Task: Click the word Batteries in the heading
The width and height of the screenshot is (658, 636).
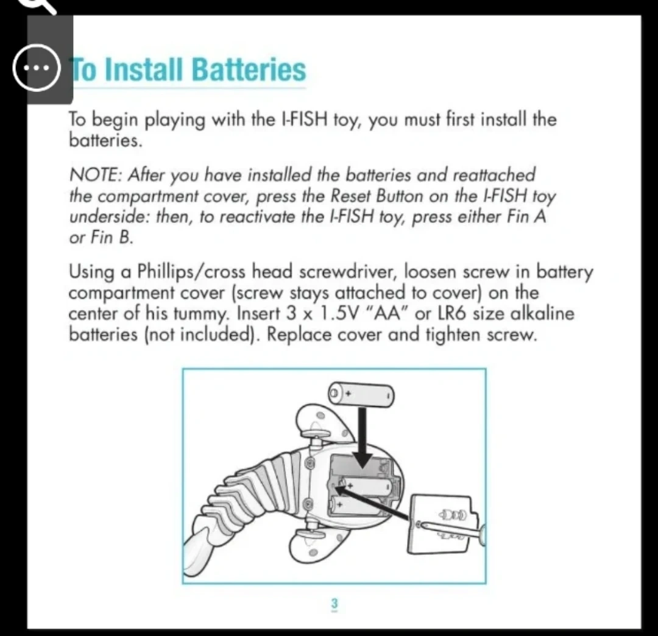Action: (x=249, y=69)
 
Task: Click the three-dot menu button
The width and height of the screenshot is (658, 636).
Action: (x=36, y=68)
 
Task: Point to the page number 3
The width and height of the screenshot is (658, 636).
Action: (x=334, y=604)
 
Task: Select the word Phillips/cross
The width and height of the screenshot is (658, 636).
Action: (x=191, y=272)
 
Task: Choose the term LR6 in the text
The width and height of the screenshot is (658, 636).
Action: (x=451, y=313)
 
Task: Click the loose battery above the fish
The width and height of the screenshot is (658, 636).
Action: (x=361, y=394)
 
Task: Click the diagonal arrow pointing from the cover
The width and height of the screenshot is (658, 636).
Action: (x=372, y=502)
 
